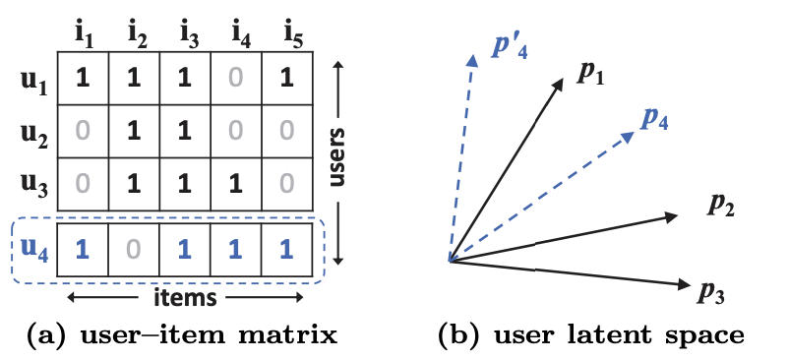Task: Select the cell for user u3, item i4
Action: [x=236, y=183]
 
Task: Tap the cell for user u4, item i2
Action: [x=134, y=249]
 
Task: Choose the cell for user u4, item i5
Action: [x=287, y=249]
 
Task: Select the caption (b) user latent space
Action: [x=590, y=336]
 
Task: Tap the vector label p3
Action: [x=711, y=290]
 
